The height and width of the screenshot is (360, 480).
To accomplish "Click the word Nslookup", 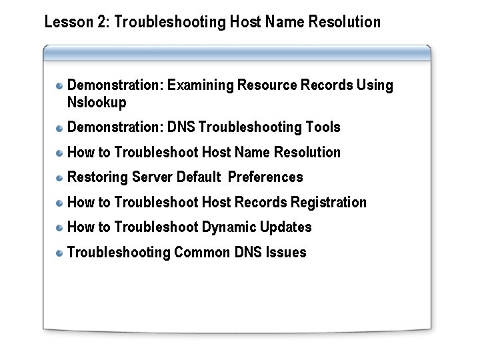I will click(x=97, y=103).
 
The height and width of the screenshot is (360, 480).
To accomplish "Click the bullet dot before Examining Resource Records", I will click(x=60, y=86).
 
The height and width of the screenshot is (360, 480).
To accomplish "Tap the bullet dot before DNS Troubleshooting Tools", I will click(x=60, y=127).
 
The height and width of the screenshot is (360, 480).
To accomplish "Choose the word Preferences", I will click(x=265, y=177).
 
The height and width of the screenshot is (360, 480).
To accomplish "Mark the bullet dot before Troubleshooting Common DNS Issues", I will click(x=60, y=253).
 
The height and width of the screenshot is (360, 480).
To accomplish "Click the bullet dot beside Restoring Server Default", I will click(x=60, y=177).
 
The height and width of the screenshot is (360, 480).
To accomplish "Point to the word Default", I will click(x=199, y=177).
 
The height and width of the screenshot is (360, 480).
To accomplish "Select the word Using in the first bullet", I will click(x=375, y=85).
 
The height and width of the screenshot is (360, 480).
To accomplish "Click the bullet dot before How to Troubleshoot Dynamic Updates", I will click(x=60, y=227).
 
